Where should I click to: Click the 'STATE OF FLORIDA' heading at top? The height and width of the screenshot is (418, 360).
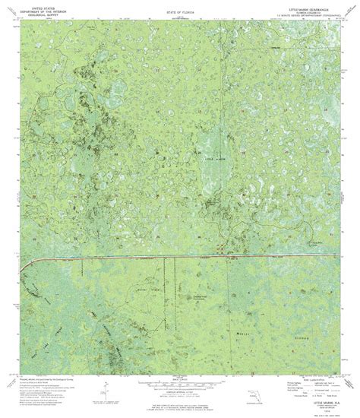tap(179, 14)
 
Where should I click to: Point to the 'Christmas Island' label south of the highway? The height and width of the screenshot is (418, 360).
tap(200, 298)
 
